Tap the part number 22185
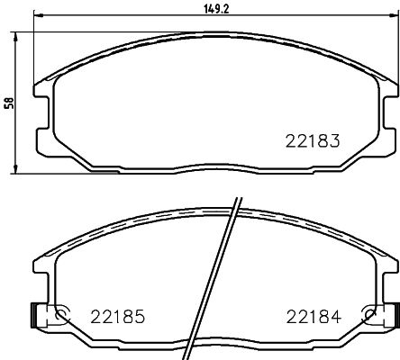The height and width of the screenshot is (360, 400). tap(118, 316)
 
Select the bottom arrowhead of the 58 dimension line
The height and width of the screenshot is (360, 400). tap(21, 169)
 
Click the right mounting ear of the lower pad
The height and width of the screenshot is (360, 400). tap(389, 270)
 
